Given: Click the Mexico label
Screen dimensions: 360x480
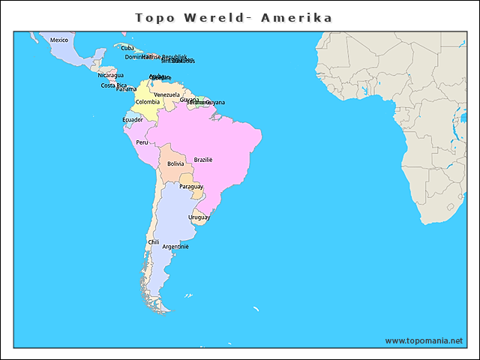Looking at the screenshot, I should [x=58, y=40].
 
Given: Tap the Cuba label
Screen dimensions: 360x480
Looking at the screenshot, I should [x=127, y=48].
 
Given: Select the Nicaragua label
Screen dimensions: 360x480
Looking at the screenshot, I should [x=110, y=75].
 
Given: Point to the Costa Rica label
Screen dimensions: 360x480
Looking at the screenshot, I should [x=113, y=85].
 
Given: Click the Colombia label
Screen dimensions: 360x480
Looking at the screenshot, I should [x=147, y=102].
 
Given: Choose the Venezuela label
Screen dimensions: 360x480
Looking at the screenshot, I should [x=166, y=94].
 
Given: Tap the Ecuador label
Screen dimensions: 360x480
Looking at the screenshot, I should [x=133, y=119].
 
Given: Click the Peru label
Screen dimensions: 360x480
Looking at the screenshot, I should [x=142, y=142].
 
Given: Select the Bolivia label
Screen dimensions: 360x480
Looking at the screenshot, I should [x=175, y=163].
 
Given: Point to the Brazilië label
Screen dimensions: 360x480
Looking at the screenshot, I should [x=203, y=160].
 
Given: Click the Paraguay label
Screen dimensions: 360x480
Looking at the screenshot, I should [x=191, y=186].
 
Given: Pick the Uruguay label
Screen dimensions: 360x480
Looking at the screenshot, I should [x=199, y=217].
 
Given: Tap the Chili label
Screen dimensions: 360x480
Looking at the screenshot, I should [x=153, y=242].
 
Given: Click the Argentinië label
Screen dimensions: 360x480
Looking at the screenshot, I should [x=175, y=247].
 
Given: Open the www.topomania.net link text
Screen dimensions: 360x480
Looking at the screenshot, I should [x=424, y=340].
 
